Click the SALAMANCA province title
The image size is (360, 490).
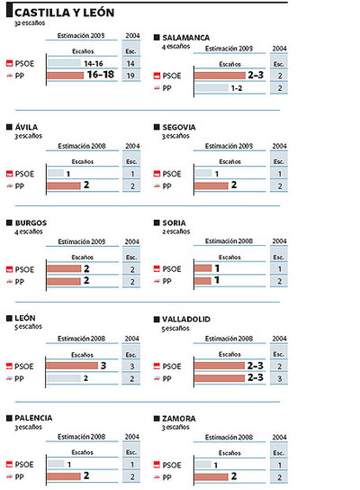191,37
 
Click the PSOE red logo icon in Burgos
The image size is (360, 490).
10,268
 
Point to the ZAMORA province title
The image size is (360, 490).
184,418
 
